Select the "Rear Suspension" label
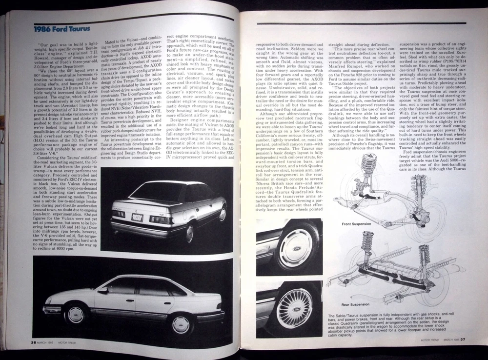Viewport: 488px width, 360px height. [x=356, y=304]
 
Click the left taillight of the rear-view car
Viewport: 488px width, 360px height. [x=120, y=213]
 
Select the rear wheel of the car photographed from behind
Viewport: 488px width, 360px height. [x=189, y=232]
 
